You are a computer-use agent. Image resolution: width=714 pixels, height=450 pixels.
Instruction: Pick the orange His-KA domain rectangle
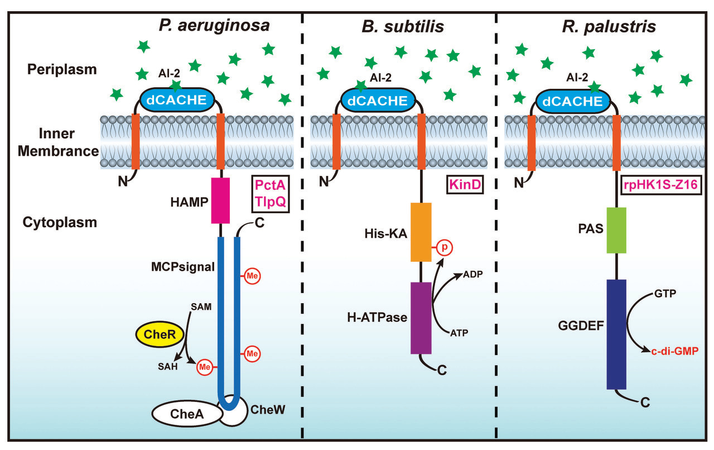[421, 232]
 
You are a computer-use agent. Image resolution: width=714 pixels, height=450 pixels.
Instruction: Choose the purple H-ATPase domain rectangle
[421, 318]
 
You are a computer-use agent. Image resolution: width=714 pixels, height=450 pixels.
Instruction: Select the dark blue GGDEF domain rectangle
[616, 334]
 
